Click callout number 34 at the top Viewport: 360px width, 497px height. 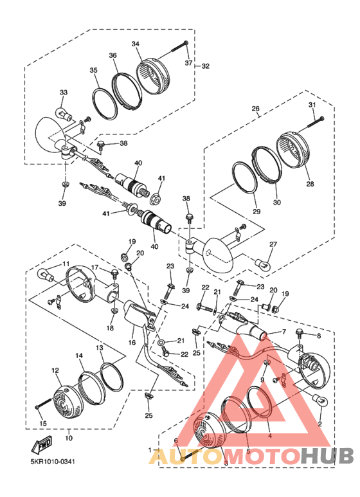[x=136, y=44]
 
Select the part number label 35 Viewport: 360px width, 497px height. [x=93, y=70]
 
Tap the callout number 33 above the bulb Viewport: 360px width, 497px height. [x=64, y=93]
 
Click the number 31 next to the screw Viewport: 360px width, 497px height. [x=312, y=105]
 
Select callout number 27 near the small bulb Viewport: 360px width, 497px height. [x=273, y=244]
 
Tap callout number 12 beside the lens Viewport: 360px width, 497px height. [x=55, y=370]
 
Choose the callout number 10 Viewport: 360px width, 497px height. [x=69, y=438]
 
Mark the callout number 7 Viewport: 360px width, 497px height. [x=281, y=332]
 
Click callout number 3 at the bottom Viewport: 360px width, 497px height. [x=225, y=463]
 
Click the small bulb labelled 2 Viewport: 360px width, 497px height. [x=318, y=401]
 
